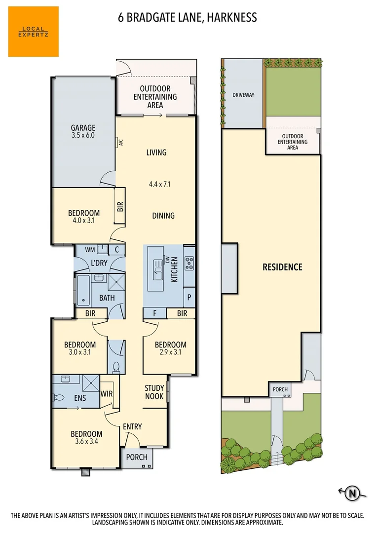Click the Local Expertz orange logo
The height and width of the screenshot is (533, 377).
(x=33, y=32)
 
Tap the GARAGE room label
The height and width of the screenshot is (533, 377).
(x=83, y=128)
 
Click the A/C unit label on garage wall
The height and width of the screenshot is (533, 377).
(x=120, y=143)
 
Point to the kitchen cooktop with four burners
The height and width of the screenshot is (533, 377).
(x=189, y=263)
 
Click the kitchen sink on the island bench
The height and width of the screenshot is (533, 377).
(x=158, y=269)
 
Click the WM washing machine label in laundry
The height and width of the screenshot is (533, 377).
(x=90, y=250)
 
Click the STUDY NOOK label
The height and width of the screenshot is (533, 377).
(x=154, y=392)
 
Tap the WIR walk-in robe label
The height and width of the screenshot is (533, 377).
(x=107, y=394)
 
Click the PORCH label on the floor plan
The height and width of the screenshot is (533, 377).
(x=137, y=457)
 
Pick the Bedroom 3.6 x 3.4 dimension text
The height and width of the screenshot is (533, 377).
(x=86, y=442)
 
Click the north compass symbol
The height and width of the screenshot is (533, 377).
(x=352, y=492)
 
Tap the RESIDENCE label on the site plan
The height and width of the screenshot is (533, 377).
(x=282, y=267)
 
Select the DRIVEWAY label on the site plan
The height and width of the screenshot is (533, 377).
(x=243, y=95)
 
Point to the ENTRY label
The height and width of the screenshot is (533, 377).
(x=132, y=427)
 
